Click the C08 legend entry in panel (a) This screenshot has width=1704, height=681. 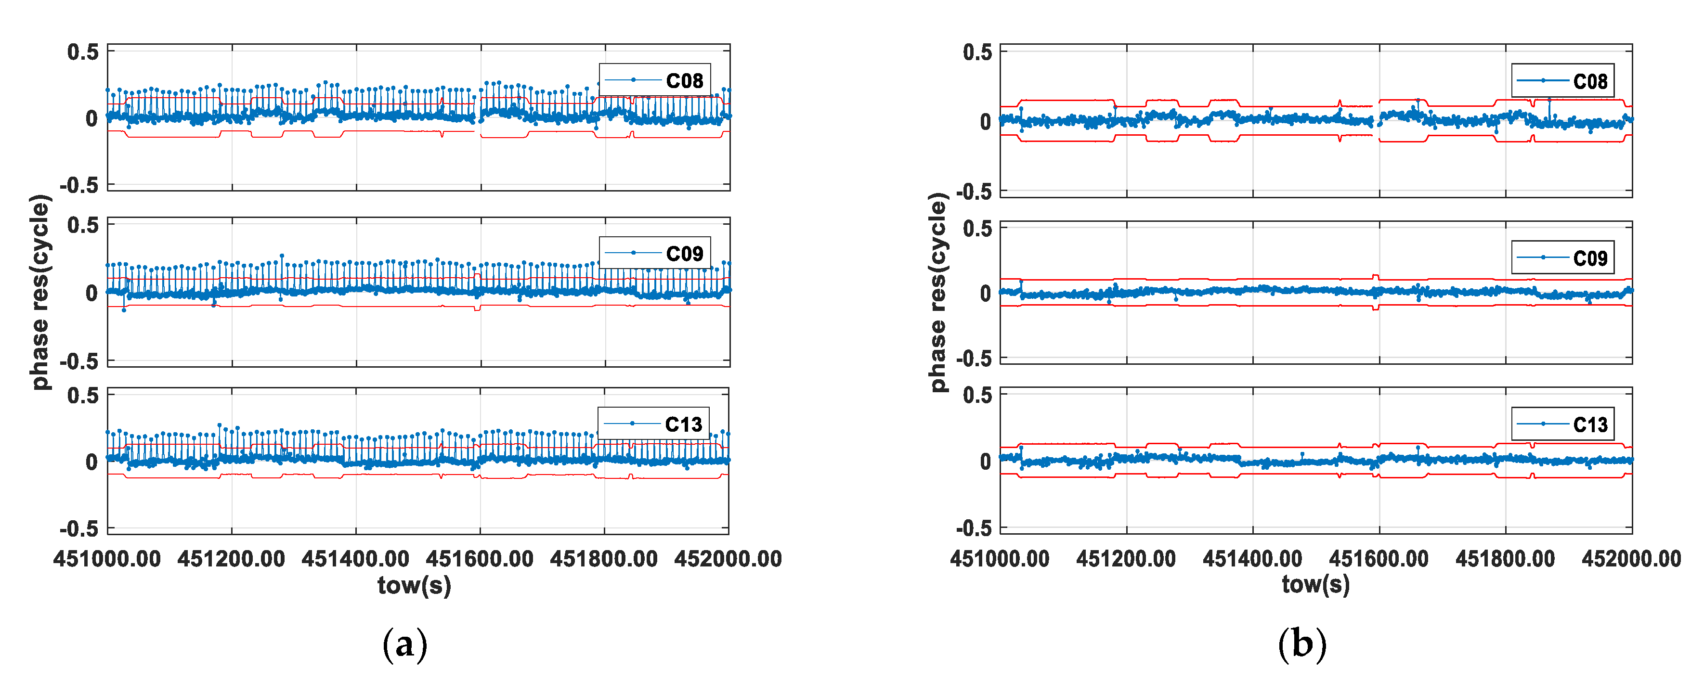[655, 80]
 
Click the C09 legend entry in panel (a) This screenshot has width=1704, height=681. [655, 253]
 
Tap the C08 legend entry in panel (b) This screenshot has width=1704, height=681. [1562, 81]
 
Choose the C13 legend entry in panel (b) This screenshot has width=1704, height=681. [1562, 424]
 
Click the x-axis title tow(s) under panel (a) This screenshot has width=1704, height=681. [414, 585]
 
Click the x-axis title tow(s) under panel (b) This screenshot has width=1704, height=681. [1315, 584]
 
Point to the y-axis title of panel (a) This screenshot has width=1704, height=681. [39, 292]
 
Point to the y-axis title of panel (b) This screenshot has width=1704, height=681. [938, 292]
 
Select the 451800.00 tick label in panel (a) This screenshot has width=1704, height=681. [603, 559]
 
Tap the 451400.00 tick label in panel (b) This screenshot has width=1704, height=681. [1252, 559]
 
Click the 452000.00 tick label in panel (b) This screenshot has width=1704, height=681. [1631, 559]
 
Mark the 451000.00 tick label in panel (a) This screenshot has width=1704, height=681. [107, 559]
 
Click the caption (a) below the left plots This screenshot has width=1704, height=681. [405, 644]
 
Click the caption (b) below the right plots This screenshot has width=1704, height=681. [1302, 644]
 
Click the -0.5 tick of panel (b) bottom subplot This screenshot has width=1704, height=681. [974, 527]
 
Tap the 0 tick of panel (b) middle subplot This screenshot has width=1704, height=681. [985, 294]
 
